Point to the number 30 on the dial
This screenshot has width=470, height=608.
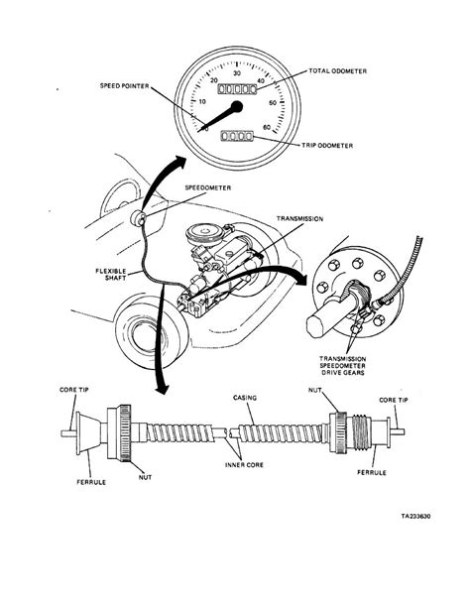(235, 72)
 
